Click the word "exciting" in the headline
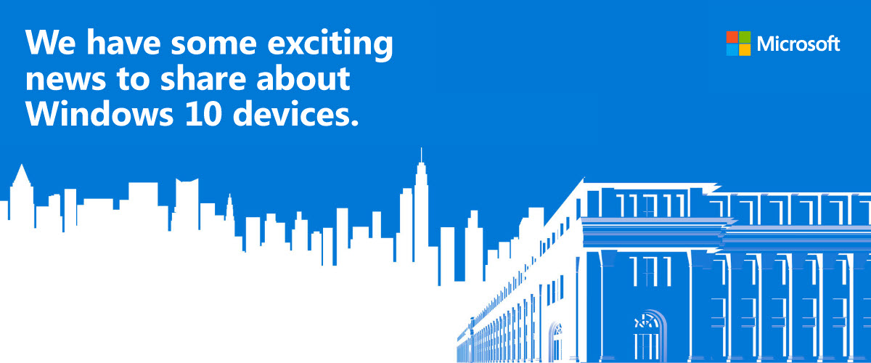[330, 44]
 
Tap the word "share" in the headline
[203, 78]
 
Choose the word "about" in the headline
[303, 78]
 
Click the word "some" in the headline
[214, 45]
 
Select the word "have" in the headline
[123, 42]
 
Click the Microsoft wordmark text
[798, 44]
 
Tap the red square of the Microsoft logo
[732, 37]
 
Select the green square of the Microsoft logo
[745, 37]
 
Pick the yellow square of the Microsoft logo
[745, 50]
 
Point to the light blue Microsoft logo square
[732, 50]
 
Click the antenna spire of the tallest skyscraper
[421, 155]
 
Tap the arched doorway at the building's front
[649, 335]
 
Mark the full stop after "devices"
[354, 123]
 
